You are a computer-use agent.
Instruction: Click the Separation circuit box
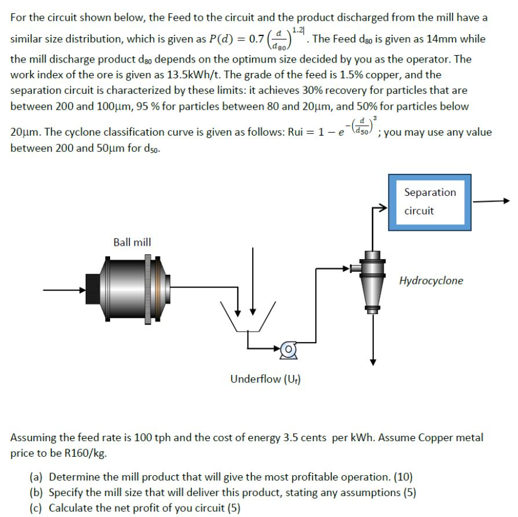pyautogui.click(x=430, y=201)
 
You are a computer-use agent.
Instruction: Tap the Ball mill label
pyautogui.click(x=132, y=242)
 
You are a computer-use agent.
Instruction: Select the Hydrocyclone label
pyautogui.click(x=431, y=281)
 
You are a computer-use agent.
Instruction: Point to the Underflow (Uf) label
pyautogui.click(x=265, y=379)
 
